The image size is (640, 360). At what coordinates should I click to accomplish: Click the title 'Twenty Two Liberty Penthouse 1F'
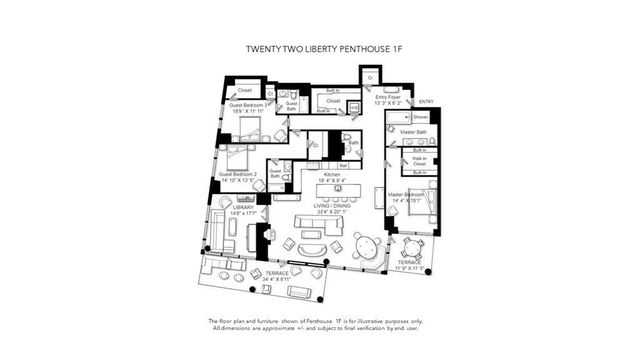[320, 48]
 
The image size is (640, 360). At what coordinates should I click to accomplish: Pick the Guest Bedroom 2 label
[239, 175]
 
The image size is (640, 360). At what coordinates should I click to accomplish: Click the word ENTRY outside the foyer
[426, 102]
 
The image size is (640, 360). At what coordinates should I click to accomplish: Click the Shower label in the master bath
[420, 117]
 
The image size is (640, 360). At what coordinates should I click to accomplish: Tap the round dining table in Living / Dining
[366, 243]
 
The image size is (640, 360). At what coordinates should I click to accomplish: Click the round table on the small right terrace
[412, 250]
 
